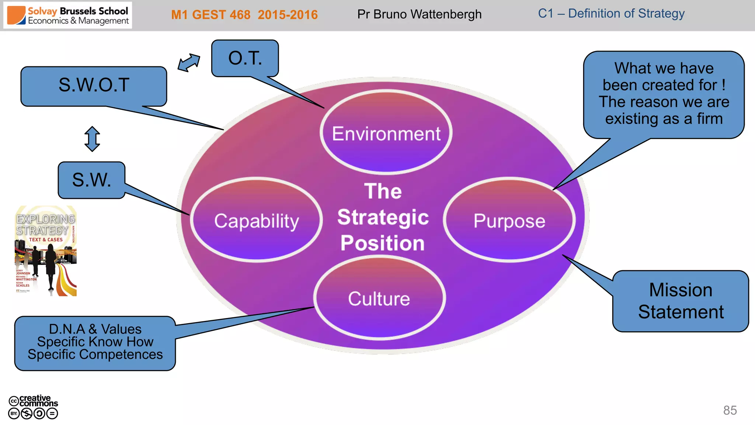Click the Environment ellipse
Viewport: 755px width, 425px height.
[386, 133]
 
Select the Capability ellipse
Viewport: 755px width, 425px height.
[257, 220]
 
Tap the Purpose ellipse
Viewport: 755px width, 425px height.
[509, 220]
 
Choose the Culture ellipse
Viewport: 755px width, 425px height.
[379, 298]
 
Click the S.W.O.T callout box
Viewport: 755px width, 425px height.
[94, 86]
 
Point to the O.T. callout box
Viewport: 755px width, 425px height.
[245, 58]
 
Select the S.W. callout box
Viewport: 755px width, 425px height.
[91, 180]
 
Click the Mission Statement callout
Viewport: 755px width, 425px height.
[681, 301]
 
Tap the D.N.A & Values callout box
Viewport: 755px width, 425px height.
[95, 343]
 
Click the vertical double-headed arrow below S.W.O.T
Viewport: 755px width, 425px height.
[92, 139]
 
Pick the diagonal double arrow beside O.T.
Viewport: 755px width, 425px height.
[189, 63]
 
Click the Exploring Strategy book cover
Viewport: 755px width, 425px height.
[46, 251]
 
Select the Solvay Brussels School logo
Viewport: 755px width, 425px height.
[68, 15]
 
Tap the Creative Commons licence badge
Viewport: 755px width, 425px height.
[33, 407]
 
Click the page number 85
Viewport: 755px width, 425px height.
[730, 410]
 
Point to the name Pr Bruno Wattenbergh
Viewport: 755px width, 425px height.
[419, 14]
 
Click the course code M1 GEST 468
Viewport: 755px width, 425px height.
[211, 15]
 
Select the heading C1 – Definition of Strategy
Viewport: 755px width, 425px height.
[611, 14]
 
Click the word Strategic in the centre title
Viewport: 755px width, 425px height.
[383, 217]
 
